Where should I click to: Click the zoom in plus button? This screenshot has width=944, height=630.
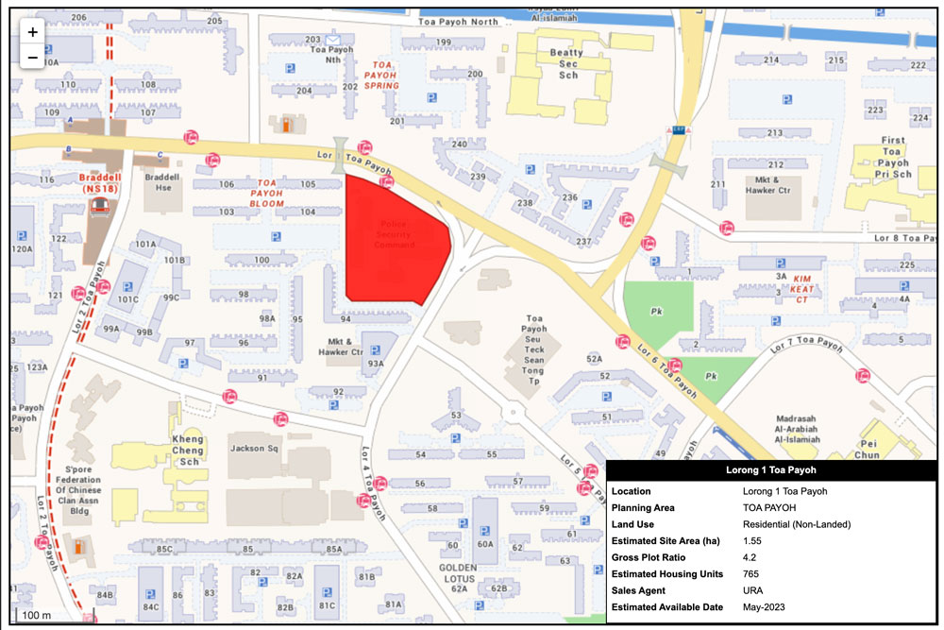[33, 31]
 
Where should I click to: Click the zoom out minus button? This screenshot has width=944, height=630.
[33, 57]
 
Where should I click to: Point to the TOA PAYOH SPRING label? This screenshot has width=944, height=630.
[382, 74]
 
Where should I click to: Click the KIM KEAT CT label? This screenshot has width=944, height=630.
[801, 289]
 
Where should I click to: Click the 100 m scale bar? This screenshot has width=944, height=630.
[37, 615]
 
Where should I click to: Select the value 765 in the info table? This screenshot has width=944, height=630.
[752, 573]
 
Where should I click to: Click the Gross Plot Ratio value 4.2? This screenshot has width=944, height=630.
[750, 557]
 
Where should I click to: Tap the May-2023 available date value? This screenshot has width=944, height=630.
[763, 606]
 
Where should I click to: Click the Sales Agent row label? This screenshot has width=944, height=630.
[643, 590]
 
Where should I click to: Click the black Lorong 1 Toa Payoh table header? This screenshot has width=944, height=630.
[771, 469]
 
